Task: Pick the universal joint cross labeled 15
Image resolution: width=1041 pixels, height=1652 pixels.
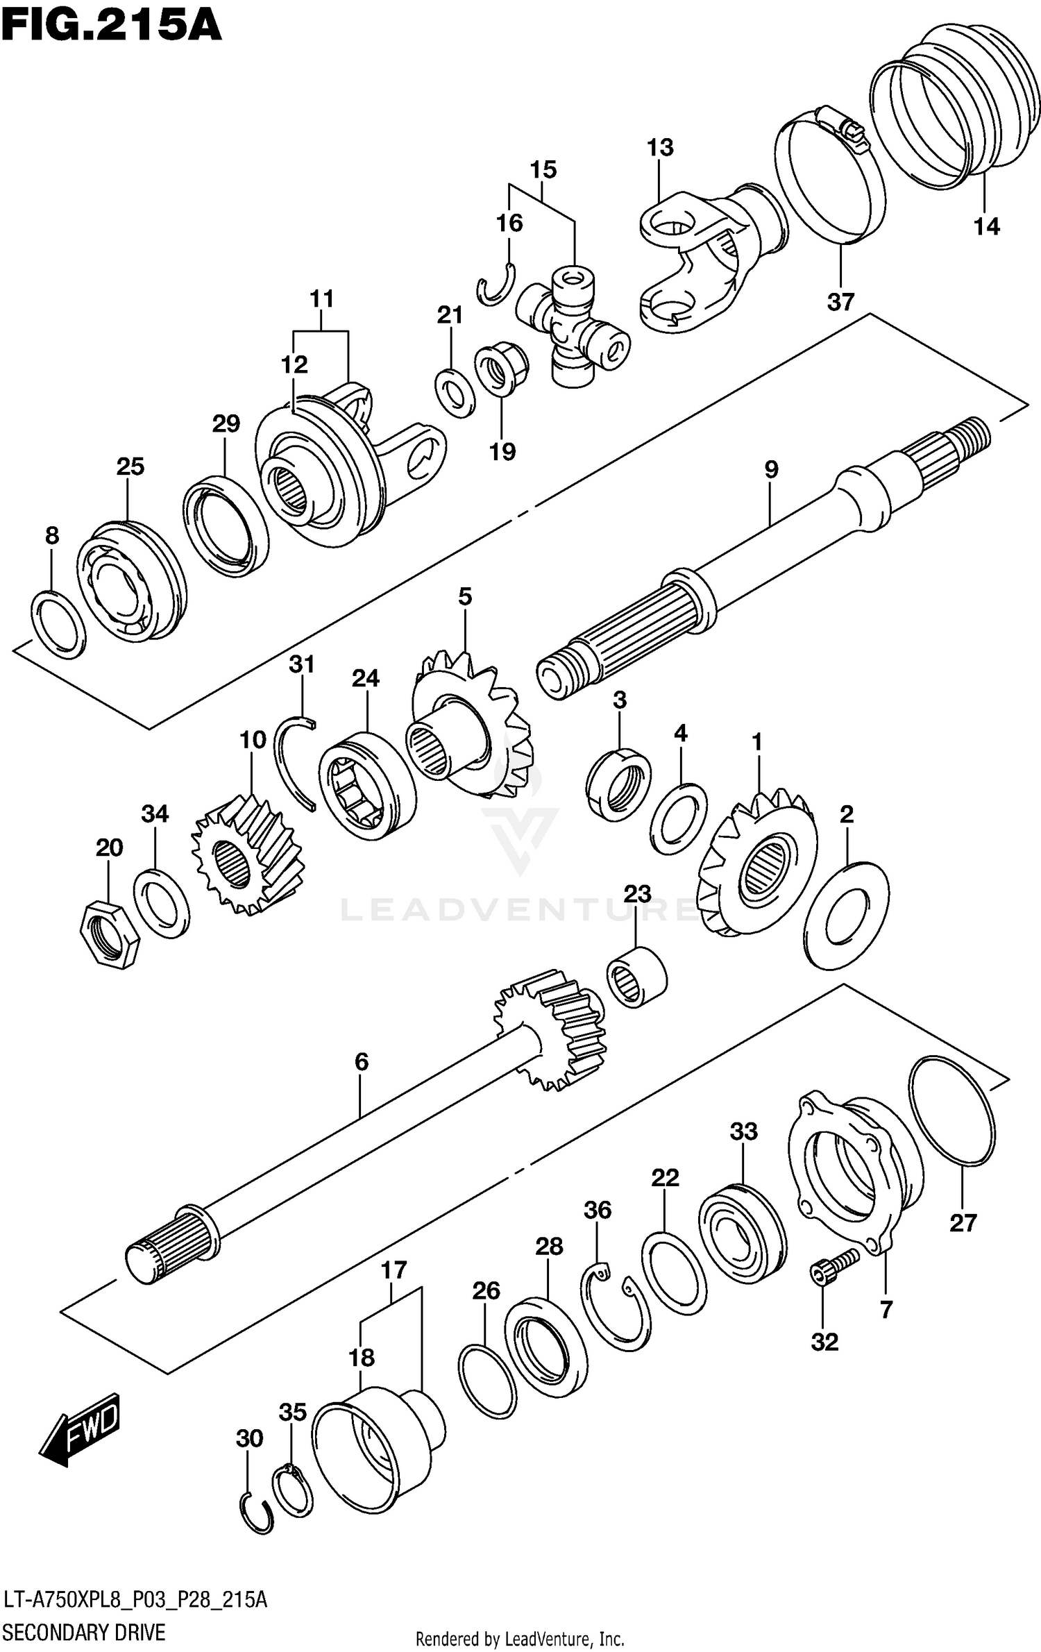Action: (x=573, y=326)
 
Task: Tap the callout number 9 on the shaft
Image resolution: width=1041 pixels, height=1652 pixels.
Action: (x=771, y=470)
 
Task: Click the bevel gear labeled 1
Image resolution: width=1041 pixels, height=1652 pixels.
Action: (x=760, y=864)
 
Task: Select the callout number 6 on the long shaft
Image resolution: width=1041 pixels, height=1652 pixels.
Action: (x=361, y=1062)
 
